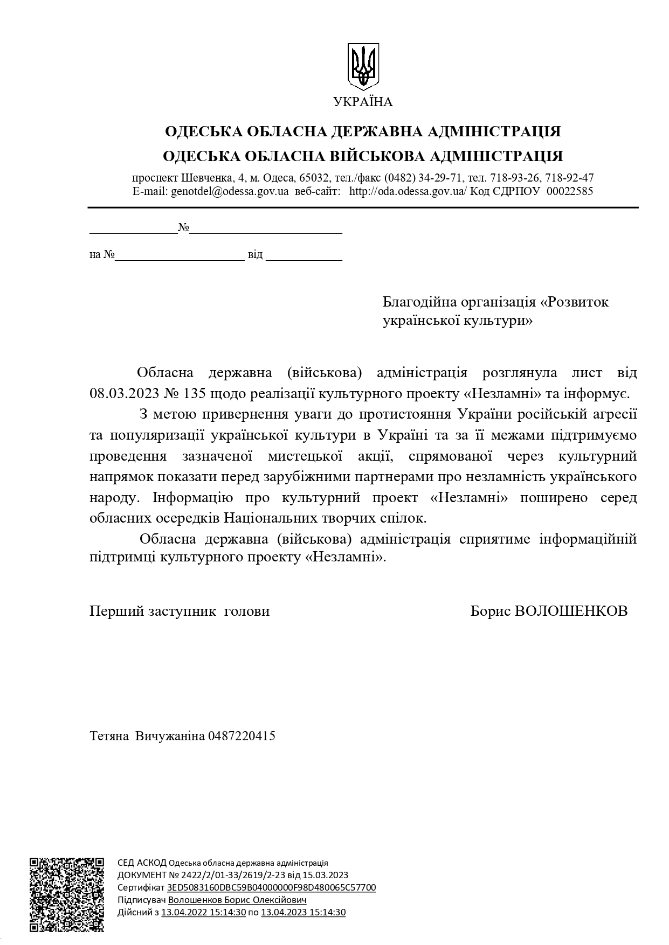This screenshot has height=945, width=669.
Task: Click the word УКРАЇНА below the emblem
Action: tap(363, 102)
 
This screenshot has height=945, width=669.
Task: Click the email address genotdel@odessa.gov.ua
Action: tap(230, 191)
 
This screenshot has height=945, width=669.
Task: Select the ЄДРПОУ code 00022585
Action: tap(570, 191)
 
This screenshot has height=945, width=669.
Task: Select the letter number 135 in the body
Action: tap(195, 393)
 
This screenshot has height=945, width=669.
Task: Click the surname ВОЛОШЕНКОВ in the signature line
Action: tap(571, 611)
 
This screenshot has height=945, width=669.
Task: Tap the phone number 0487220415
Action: tap(242, 735)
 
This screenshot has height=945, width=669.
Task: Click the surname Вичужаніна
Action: tap(170, 735)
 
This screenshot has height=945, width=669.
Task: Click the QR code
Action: tap(67, 894)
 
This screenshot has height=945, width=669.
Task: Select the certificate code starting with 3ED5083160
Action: tap(272, 887)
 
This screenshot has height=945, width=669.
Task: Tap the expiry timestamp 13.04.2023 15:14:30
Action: tap(303, 912)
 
